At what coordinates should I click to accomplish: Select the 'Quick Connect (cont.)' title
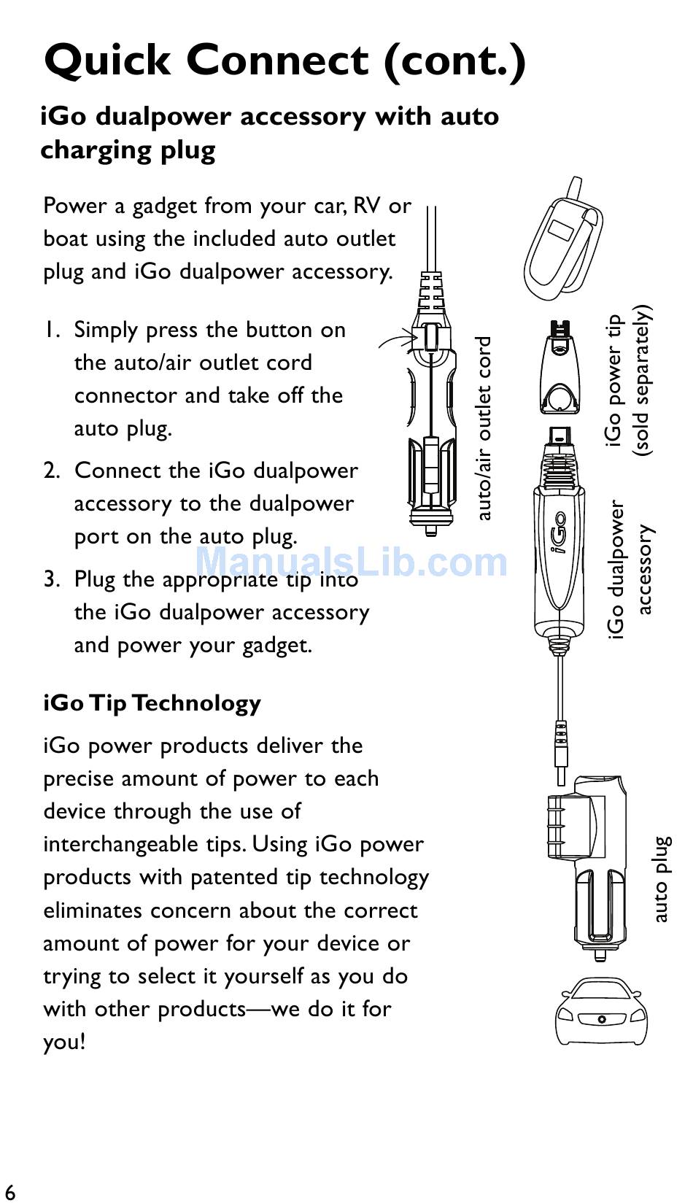(x=284, y=60)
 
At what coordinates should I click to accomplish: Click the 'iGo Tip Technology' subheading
(x=152, y=703)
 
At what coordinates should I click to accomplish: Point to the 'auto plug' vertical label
(x=660, y=879)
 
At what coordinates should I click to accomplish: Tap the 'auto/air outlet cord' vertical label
(x=483, y=428)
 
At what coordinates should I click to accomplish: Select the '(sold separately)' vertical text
(x=642, y=381)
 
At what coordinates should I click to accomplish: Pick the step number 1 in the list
(x=51, y=330)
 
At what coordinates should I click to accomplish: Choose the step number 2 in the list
(x=51, y=471)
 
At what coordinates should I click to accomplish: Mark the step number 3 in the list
(x=51, y=580)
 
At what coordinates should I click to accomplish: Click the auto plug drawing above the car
(x=587, y=868)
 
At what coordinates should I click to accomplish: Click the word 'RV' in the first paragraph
(x=367, y=206)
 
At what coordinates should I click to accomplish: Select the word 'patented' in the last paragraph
(x=237, y=878)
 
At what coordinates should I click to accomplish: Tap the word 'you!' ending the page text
(x=64, y=1042)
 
